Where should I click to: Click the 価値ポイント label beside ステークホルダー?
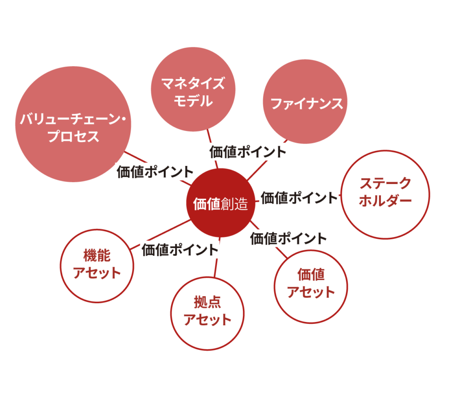tap(299, 198)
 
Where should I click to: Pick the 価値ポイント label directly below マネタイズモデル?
tap(248, 151)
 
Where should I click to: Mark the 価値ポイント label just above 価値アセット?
tap(288, 239)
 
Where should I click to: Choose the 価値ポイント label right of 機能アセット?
tap(179, 250)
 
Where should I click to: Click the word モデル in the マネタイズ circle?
tap(193, 101)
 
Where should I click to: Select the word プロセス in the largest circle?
tap(74, 137)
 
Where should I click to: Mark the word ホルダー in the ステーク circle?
tap(385, 201)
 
